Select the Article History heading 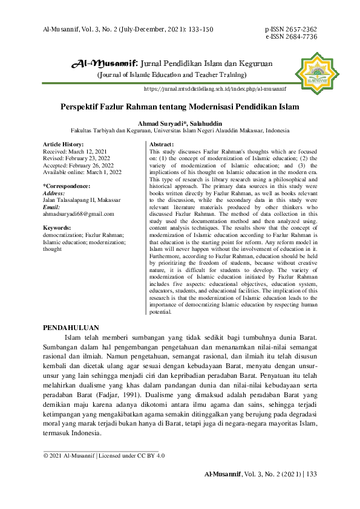63,144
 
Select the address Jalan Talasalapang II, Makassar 82,199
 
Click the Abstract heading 162,144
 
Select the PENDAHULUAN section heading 71,327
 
